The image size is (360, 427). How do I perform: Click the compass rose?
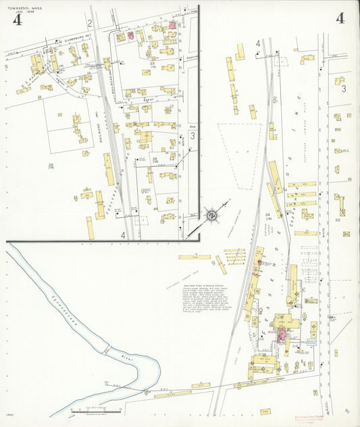tap(211, 215)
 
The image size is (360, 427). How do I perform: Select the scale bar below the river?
tap(95, 410)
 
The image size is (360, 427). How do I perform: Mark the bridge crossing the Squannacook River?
tap(105, 350)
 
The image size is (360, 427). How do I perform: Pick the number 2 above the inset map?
tap(89, 23)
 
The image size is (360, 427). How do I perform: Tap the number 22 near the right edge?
tap(345, 220)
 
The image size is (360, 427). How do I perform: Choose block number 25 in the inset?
tap(51, 164)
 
